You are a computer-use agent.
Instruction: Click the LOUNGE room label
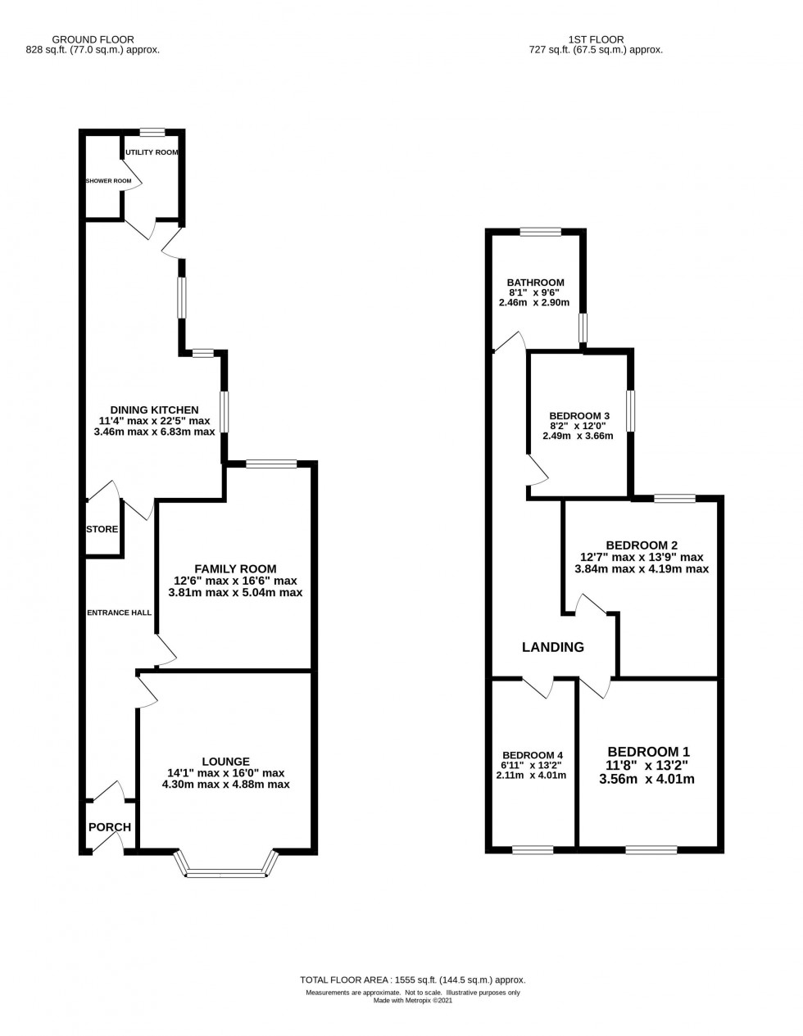pos(225,761)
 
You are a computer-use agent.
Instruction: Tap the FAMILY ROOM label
pos(235,568)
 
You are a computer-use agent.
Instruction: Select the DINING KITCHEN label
pos(155,409)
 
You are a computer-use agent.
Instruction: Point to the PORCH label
pos(110,827)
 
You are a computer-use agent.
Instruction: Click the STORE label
pos(102,529)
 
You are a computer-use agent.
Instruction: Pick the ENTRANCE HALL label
pos(120,612)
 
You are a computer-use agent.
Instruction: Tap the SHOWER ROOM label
pos(108,180)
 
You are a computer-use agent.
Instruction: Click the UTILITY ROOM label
pos(152,152)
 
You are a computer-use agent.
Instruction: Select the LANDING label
pos(553,647)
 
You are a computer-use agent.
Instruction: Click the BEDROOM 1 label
pos(648,752)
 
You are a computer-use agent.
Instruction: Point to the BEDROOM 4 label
pos(533,755)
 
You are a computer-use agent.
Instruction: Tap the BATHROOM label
pos(534,283)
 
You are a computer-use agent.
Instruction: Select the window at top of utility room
pos(152,132)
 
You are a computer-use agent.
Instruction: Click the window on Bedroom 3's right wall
pos(630,410)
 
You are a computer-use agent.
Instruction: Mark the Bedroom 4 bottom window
pos(533,850)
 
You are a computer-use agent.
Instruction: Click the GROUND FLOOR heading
pos(93,39)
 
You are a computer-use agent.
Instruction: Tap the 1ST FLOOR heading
pos(596,39)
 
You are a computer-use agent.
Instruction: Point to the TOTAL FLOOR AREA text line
pos(413,979)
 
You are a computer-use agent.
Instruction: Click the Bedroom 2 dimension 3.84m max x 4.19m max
pos(642,568)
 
